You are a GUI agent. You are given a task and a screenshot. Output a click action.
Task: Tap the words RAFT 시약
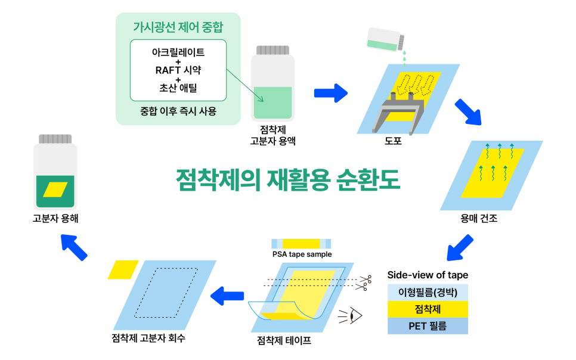178,70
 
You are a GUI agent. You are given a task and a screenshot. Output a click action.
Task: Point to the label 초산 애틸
178,89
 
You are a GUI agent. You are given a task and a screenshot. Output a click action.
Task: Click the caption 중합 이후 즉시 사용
178,111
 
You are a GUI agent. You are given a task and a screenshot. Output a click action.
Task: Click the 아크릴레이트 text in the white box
178,52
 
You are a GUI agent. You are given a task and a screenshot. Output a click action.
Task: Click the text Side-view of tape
428,275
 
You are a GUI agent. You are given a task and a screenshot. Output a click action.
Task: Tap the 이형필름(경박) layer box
428,293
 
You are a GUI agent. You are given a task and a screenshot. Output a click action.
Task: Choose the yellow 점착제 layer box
428,309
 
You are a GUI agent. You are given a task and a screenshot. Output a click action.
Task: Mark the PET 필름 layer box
428,326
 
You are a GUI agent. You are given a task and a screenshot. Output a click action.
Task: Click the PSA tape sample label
302,255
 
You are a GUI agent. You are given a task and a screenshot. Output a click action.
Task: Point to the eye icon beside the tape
354,314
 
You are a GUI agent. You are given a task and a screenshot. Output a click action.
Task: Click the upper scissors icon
365,278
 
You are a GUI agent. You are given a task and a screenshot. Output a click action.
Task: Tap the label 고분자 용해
55,219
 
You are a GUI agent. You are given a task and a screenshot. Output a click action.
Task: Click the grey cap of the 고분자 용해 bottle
55,139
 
